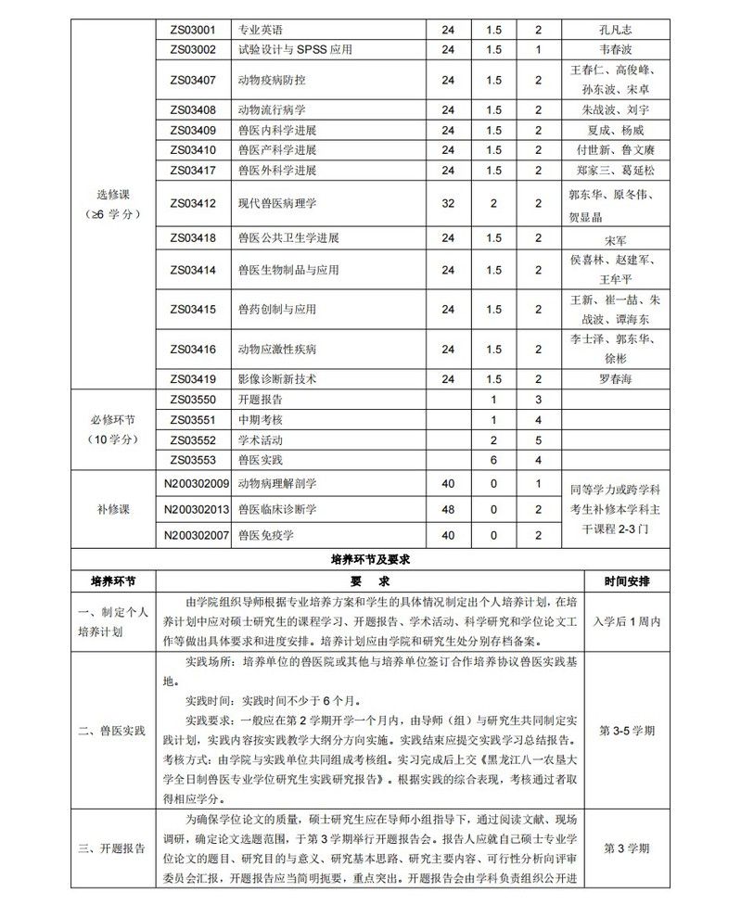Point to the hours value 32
pyautogui.click(x=449, y=202)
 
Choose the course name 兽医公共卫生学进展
pyautogui.click(x=288, y=238)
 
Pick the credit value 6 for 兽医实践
pyautogui.click(x=493, y=459)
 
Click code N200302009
pyautogui.click(x=197, y=483)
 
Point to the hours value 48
pyautogui.click(x=449, y=509)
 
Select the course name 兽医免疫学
pyautogui.click(x=265, y=535)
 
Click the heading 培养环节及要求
pyautogui.click(x=370, y=560)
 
